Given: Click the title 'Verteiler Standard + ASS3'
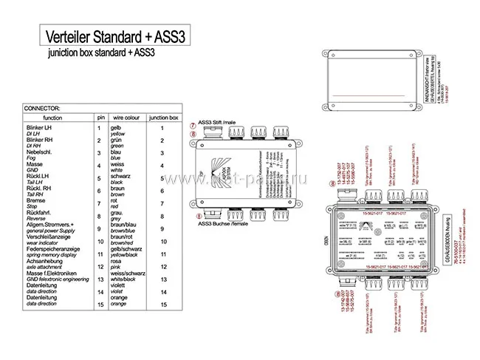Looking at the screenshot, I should (x=114, y=35).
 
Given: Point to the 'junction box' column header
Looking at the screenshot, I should (x=163, y=117).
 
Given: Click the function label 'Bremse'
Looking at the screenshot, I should (x=35, y=200).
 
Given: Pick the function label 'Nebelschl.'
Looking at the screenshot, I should (x=41, y=153).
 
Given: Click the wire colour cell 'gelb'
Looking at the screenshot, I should (x=117, y=129).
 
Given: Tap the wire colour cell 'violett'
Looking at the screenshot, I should (x=119, y=285).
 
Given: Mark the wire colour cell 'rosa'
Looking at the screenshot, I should (x=116, y=261).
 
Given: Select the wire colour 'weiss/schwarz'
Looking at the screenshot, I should (x=126, y=273).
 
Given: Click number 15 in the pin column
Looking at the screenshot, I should (x=98, y=304).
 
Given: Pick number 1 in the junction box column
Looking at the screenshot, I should (x=162, y=129).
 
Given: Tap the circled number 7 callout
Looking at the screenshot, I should (x=193, y=123).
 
